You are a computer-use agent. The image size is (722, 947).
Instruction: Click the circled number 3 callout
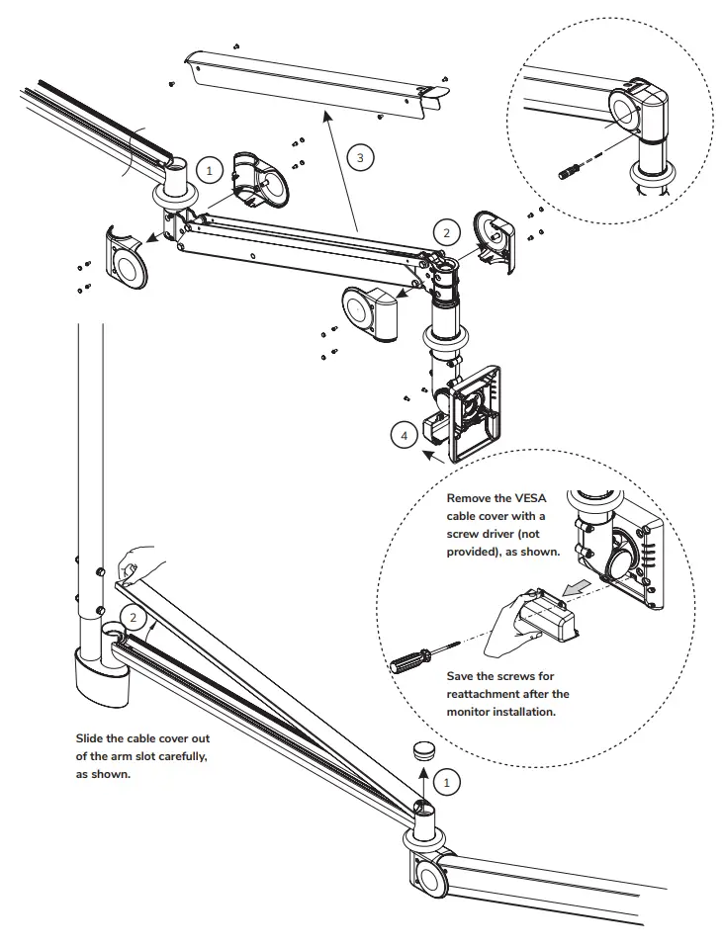(361, 157)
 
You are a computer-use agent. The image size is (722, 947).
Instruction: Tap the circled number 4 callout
(402, 434)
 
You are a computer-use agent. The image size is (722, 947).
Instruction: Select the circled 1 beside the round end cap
(447, 782)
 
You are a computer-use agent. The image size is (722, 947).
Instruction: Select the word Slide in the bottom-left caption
(91, 738)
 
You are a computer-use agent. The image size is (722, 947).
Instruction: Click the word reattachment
(490, 694)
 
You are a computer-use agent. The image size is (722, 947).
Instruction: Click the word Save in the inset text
(463, 676)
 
